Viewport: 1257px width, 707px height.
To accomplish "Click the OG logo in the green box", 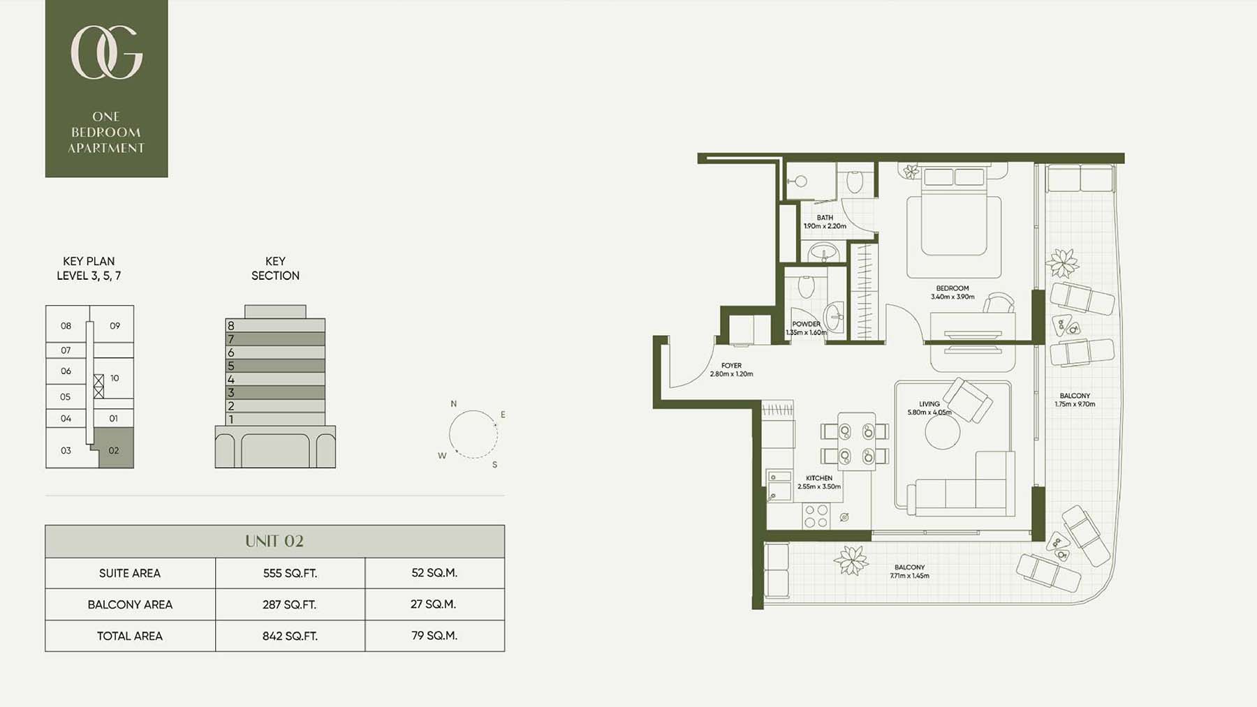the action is pyautogui.click(x=106, y=52).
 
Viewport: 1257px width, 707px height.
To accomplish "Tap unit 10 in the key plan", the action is pyautogui.click(x=115, y=378).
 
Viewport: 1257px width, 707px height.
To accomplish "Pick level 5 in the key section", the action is pyautogui.click(x=275, y=366).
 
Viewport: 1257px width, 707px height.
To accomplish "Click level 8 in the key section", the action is pyautogui.click(x=275, y=325).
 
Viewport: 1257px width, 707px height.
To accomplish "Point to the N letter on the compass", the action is pyautogui.click(x=453, y=403).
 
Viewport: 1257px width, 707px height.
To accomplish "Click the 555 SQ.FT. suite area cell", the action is pyautogui.click(x=290, y=573).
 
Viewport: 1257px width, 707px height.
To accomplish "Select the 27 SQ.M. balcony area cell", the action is pyautogui.click(x=434, y=604).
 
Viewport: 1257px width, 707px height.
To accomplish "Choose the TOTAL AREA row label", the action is pyautogui.click(x=130, y=636).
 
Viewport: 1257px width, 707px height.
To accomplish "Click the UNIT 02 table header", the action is pyautogui.click(x=274, y=541).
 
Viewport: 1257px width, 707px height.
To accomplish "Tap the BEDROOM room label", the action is pyautogui.click(x=953, y=288).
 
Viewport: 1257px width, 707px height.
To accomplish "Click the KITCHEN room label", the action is pyautogui.click(x=819, y=478).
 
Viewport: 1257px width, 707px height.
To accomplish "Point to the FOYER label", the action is pyautogui.click(x=731, y=365).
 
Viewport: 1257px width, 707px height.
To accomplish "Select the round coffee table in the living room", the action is pyautogui.click(x=943, y=433).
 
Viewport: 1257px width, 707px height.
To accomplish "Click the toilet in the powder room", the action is pyautogui.click(x=807, y=286).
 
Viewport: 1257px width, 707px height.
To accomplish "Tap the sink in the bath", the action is pyautogui.click(x=825, y=252).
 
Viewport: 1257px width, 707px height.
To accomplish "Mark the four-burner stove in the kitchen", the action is pyautogui.click(x=816, y=516).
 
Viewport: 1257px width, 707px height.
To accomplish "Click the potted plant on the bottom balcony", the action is pyautogui.click(x=851, y=560).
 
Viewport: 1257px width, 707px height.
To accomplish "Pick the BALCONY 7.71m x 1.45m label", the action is pyautogui.click(x=909, y=572).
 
